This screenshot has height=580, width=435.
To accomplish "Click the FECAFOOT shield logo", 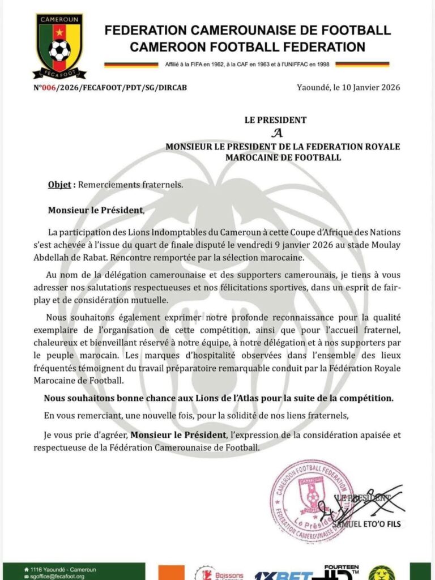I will click(59, 45).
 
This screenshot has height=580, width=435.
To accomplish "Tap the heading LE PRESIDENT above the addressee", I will click(275, 120).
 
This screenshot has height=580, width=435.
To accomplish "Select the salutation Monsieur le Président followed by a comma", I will click(96, 210).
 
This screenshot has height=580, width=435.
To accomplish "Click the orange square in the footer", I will click(170, 573).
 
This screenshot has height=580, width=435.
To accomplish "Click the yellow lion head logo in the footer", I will click(382, 573).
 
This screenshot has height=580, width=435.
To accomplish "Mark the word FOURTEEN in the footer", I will click(341, 567).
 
